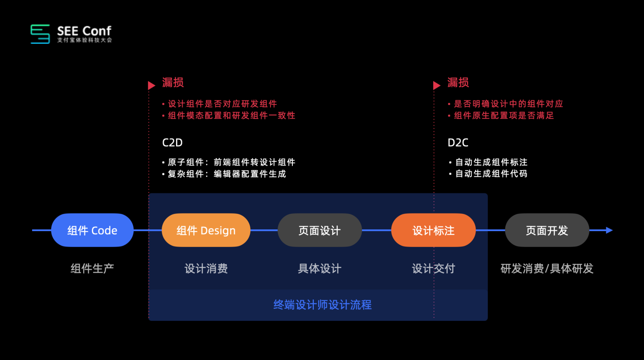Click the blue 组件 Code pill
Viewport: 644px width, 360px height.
tap(92, 230)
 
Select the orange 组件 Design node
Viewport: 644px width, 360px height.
tap(206, 230)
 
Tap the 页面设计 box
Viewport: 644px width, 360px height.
tap(319, 230)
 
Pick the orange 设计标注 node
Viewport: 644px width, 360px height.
tap(433, 230)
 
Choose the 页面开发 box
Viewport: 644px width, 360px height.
tap(547, 230)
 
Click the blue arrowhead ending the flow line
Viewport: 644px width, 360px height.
tap(609, 230)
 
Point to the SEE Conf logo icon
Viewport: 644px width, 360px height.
tap(40, 34)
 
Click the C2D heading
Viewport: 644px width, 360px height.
tap(172, 143)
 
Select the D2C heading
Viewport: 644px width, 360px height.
tap(458, 143)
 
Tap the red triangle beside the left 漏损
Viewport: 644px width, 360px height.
tap(151, 85)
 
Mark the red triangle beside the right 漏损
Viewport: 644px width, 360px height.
tap(437, 85)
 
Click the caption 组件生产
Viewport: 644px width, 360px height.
tap(92, 268)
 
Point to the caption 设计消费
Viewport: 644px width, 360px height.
tap(206, 268)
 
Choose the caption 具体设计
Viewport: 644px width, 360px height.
tap(319, 268)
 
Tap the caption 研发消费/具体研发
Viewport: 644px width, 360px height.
tap(547, 268)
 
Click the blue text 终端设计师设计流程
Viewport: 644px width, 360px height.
tap(322, 305)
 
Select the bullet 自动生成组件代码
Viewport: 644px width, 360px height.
tap(491, 174)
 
